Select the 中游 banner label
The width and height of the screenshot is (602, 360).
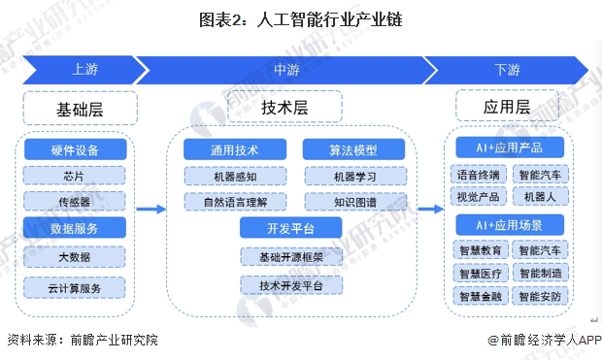point(285,69)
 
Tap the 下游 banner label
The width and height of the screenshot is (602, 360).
point(507,69)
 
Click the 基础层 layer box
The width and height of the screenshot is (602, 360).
point(79,107)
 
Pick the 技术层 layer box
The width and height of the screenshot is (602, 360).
point(286,107)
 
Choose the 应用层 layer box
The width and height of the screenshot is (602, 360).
point(506,107)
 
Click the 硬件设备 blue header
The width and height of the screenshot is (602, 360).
point(75,149)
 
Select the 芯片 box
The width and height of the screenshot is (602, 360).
point(75,176)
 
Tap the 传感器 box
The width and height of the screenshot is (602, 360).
point(75,201)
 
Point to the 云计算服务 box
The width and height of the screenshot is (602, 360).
point(75,287)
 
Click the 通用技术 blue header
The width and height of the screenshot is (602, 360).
point(234,149)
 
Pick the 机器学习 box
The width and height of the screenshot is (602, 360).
point(342,176)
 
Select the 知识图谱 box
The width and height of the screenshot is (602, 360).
point(342,202)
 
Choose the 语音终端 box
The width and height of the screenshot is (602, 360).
point(479,175)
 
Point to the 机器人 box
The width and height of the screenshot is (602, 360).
point(537,196)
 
